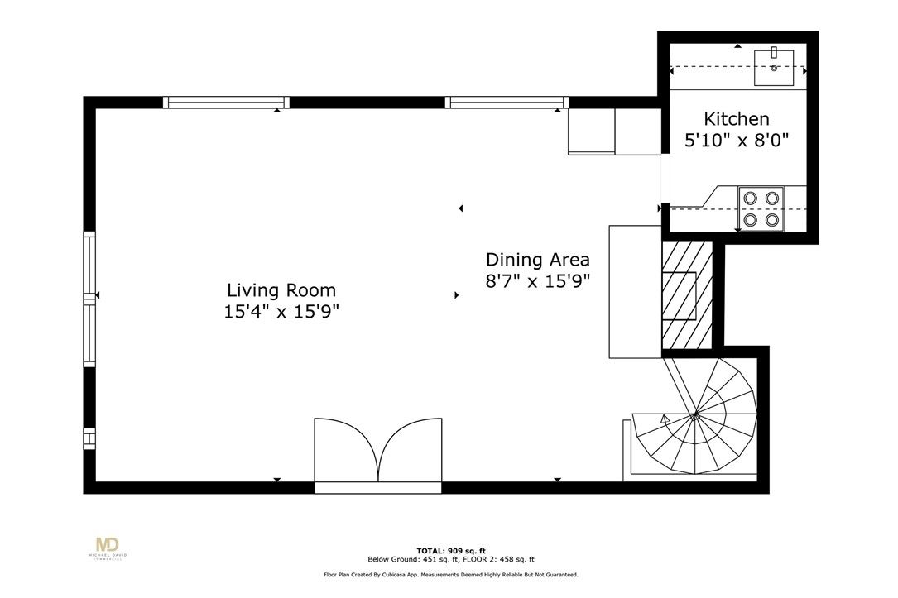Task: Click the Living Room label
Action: tap(281, 290)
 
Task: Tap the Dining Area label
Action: tap(537, 259)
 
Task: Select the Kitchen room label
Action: tap(736, 119)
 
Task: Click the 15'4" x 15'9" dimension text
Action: tap(281, 312)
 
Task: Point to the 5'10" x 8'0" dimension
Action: tap(736, 140)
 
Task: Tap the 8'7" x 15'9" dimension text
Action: tap(537, 280)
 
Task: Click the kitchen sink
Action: tap(773, 68)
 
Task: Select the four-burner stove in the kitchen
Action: tap(761, 208)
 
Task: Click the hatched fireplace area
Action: tap(686, 294)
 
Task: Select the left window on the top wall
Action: tap(226, 103)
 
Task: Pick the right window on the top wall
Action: tap(506, 103)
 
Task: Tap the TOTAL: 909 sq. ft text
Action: tap(451, 551)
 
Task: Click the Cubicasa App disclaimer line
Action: tap(450, 574)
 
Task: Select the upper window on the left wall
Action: tap(89, 264)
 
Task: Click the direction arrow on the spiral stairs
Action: tap(664, 419)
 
